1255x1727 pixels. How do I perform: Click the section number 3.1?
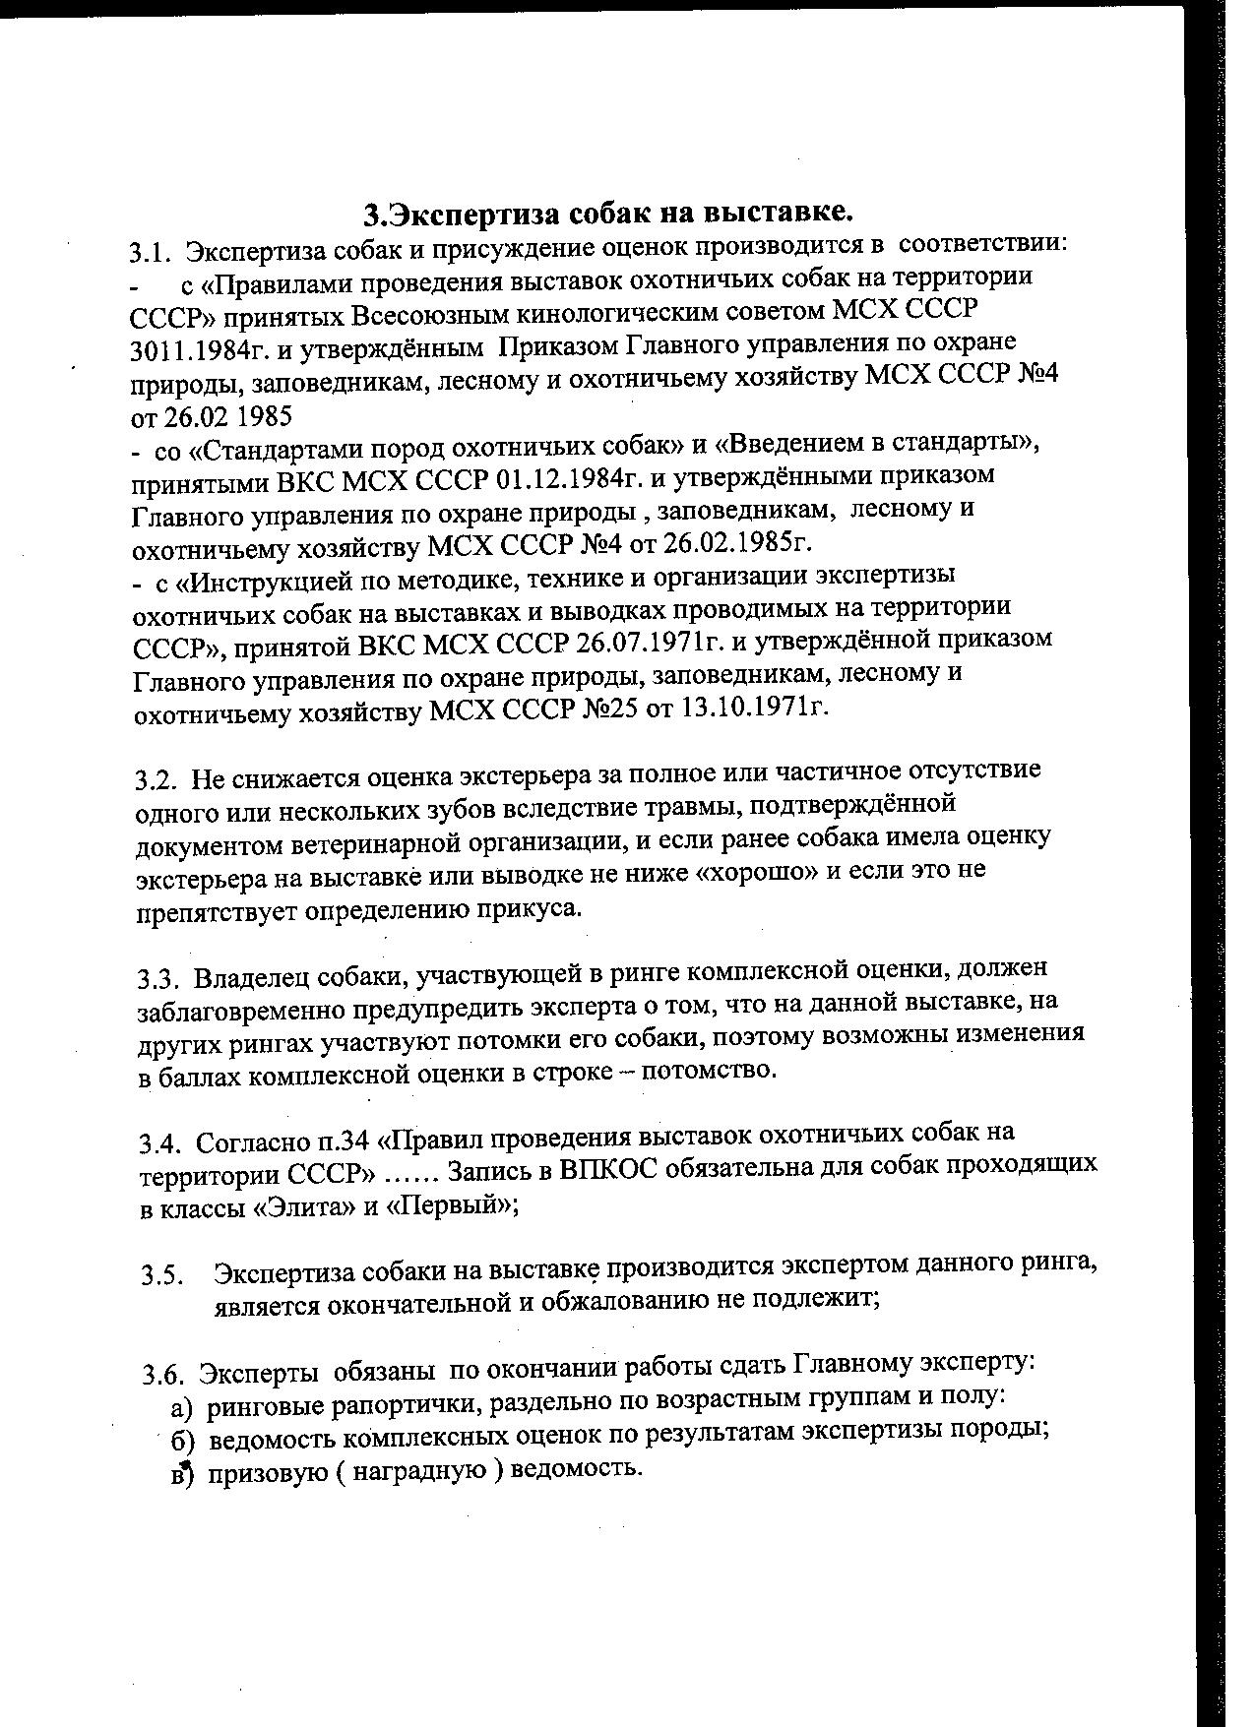click(x=149, y=253)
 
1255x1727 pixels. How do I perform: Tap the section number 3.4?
click(x=159, y=1143)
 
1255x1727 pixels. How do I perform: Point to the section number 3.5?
click(x=163, y=1276)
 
